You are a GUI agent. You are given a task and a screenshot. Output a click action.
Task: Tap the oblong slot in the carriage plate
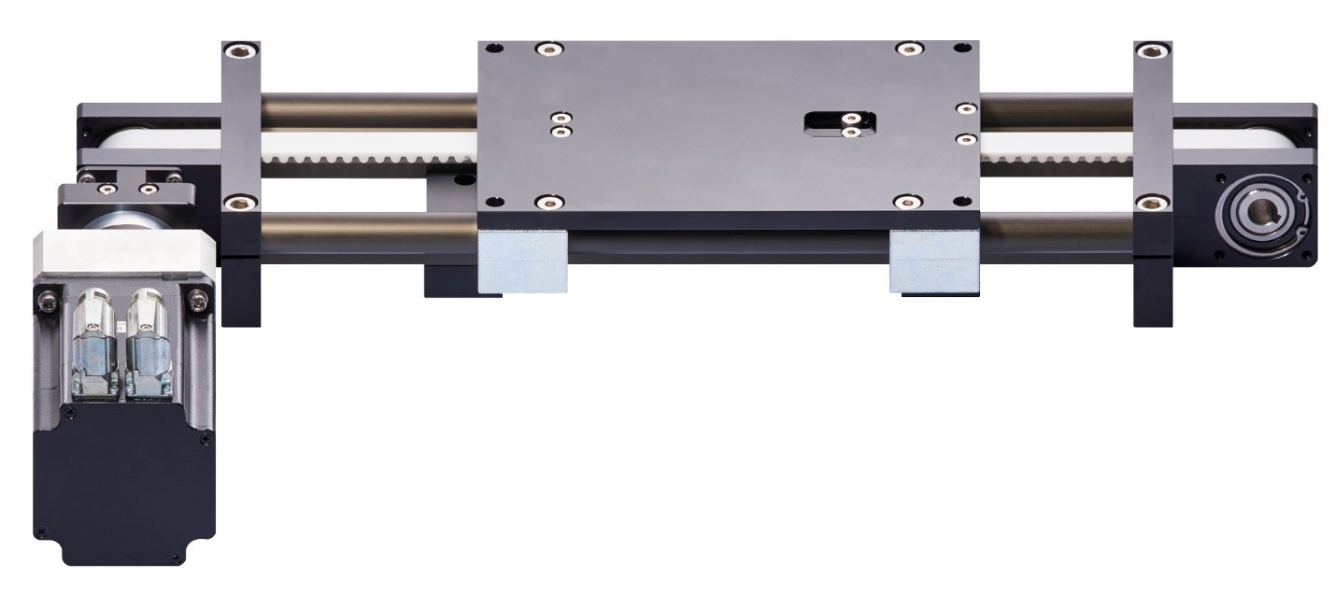[x=840, y=124]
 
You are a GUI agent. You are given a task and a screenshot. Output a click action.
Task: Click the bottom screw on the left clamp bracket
[x=241, y=200]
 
